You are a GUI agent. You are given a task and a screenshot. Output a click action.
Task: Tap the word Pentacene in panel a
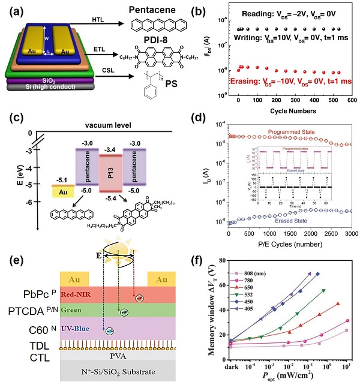point(157,10)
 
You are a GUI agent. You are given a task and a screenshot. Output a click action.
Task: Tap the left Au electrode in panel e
point(71,278)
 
